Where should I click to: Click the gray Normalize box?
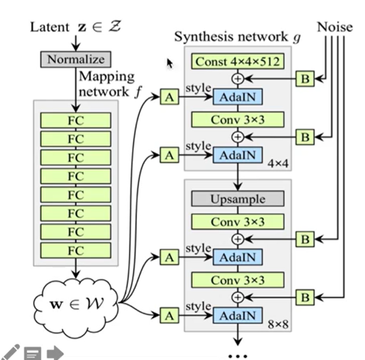(x=76, y=59)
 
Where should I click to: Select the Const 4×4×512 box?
(x=237, y=62)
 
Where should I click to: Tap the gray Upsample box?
(x=237, y=199)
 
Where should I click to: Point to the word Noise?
(x=334, y=27)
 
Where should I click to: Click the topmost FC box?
(x=76, y=121)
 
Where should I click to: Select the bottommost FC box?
(x=76, y=250)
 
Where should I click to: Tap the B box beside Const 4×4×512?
(x=305, y=79)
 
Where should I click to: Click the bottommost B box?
(x=305, y=297)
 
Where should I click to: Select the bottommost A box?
(x=169, y=316)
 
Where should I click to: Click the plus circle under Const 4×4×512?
(x=237, y=79)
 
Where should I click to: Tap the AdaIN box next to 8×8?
(x=237, y=316)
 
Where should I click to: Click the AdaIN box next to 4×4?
(x=237, y=155)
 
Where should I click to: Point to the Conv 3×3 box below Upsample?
(x=237, y=222)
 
